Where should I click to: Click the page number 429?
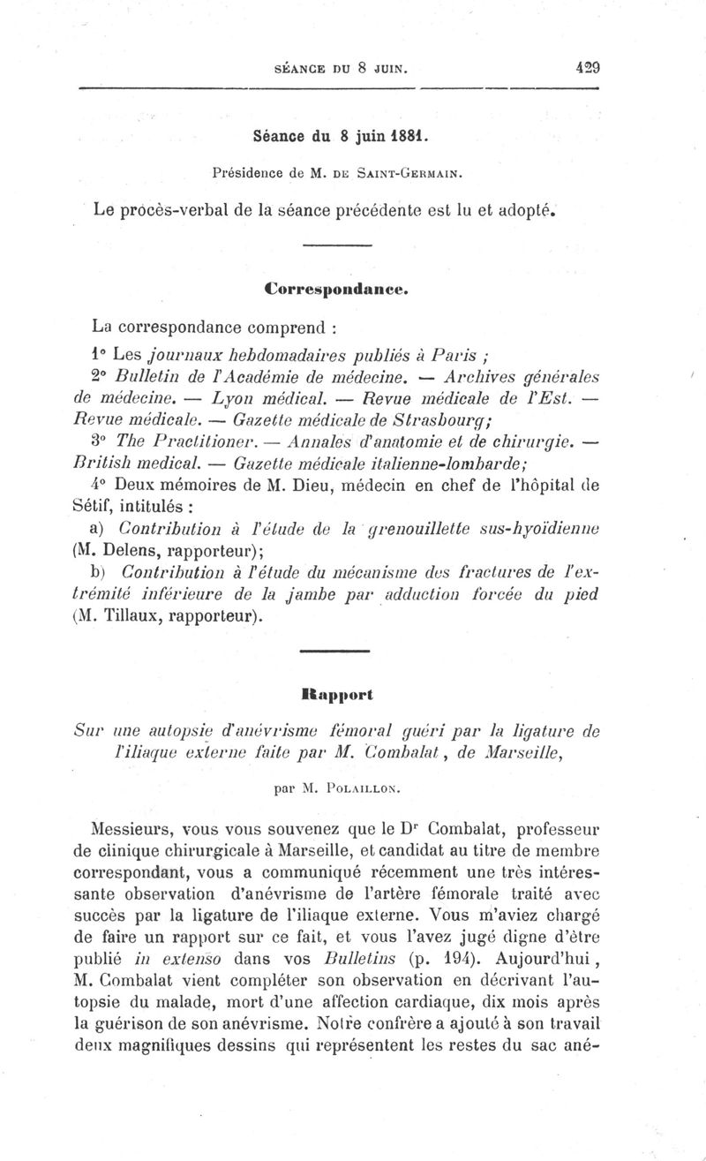click(x=586, y=65)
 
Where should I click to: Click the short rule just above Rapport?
click(x=334, y=652)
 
